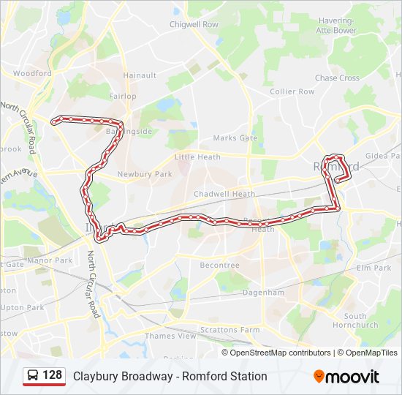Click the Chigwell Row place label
(x=194, y=24)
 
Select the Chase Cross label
(x=337, y=78)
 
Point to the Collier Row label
(x=292, y=91)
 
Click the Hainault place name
(x=140, y=75)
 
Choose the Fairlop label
(x=122, y=97)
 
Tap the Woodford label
(x=32, y=74)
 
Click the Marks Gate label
(x=235, y=138)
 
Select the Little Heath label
(x=197, y=157)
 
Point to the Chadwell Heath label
(x=224, y=194)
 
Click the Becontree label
(x=220, y=266)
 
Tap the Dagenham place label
(x=262, y=293)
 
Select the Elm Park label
(x=373, y=268)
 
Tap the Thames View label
(x=170, y=336)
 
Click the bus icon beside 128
(x=33, y=376)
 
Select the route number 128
(x=52, y=375)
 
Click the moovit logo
(x=346, y=377)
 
